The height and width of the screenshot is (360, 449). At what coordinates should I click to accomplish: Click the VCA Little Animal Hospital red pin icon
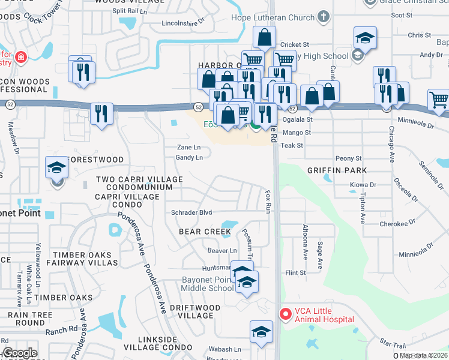click(x=285, y=314)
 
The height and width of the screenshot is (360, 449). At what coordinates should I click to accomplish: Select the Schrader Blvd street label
click(x=191, y=212)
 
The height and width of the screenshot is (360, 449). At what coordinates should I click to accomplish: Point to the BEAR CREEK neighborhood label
click(x=205, y=231)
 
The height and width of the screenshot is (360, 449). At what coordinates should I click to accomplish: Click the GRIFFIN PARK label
click(x=336, y=170)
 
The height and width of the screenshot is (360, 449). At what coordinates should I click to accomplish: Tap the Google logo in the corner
click(x=20, y=353)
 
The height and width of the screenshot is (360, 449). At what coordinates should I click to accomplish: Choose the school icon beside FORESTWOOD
click(x=57, y=167)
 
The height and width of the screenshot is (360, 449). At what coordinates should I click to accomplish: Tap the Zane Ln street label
click(x=188, y=147)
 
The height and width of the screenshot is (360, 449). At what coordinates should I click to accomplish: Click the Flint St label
click(x=295, y=272)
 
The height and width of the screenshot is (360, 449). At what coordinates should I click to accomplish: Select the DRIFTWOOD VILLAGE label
click(x=200, y=311)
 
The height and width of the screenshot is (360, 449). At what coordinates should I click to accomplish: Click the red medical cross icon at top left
click(x=20, y=57)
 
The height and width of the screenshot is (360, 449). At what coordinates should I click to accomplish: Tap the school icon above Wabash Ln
click(x=261, y=331)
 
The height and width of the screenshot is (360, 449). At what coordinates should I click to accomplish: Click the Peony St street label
click(x=349, y=158)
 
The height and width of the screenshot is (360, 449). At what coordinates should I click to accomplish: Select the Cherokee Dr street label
click(x=398, y=224)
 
